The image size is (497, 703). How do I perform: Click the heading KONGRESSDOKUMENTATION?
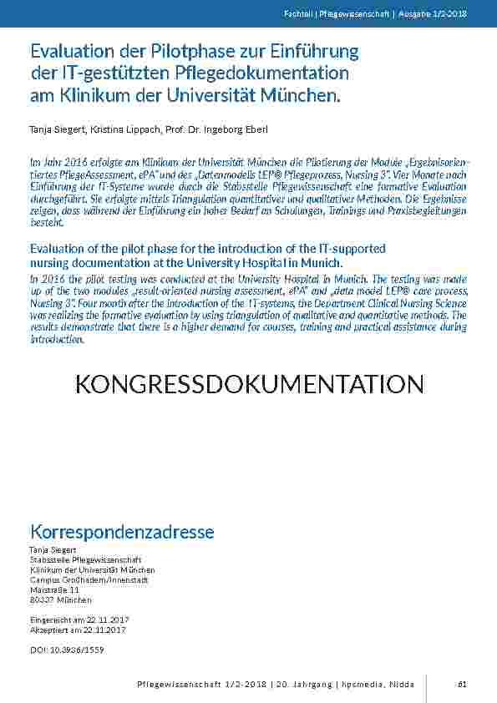[x=249, y=384]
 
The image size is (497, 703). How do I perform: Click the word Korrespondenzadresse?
[x=122, y=532]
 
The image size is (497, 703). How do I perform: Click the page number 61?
[x=461, y=685]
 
